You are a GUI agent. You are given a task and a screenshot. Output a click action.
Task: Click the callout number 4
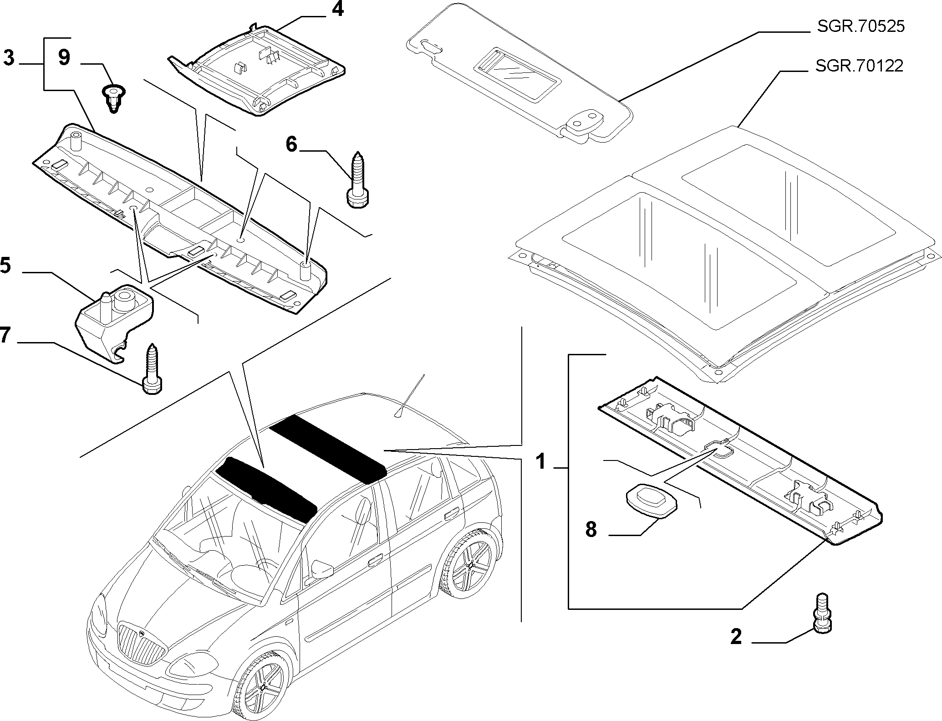tap(337, 9)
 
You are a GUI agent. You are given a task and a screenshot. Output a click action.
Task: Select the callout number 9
tap(64, 59)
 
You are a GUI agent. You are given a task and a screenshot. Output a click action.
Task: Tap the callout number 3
tap(9, 59)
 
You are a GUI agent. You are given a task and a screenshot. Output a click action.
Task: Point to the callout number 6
tap(291, 145)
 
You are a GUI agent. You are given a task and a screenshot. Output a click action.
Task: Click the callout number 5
tap(5, 266)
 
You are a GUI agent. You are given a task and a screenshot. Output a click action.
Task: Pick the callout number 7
tap(5, 336)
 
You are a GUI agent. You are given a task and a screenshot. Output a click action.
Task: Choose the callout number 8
tap(591, 530)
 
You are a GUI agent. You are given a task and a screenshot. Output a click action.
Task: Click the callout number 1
tap(540, 461)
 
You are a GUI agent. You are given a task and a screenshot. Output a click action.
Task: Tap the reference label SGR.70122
tap(859, 66)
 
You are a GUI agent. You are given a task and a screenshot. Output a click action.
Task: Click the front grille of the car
tap(141, 645)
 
